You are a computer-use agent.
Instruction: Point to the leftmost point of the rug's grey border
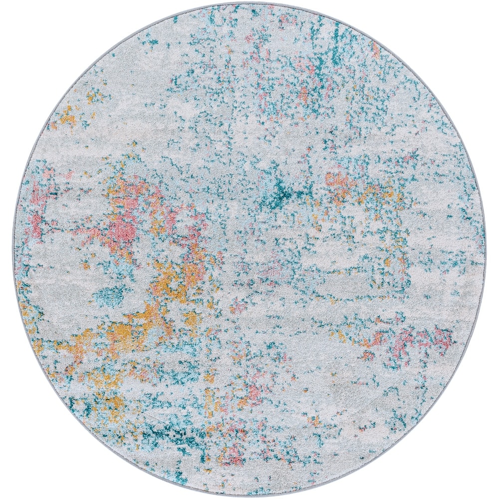coord(13,249)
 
